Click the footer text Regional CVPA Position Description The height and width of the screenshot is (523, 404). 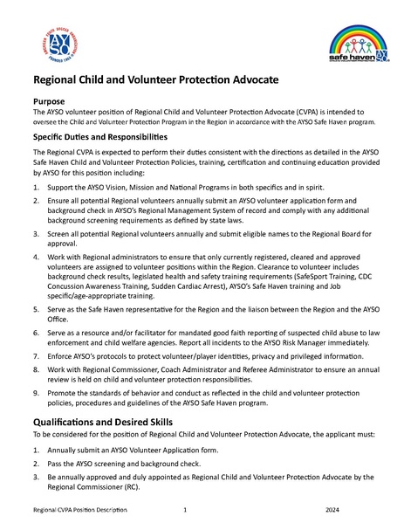77,508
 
